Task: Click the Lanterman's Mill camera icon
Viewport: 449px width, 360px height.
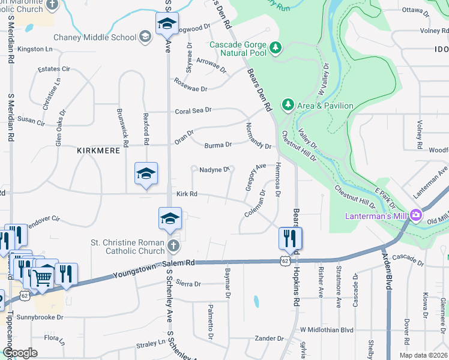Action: click(415, 215)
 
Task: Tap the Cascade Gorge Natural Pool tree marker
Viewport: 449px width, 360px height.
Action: click(276, 47)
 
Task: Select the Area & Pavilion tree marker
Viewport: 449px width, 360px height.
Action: click(288, 106)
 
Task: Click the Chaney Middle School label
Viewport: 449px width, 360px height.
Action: click(95, 37)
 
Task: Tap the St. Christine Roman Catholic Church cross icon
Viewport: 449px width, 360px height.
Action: click(173, 246)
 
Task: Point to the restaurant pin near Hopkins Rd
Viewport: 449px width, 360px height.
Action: click(290, 238)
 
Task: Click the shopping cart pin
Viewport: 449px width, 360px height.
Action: click(42, 277)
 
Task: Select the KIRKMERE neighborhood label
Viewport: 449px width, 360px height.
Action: click(98, 150)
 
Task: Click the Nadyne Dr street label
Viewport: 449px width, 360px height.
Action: click(215, 170)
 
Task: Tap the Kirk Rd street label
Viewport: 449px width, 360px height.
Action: click(187, 194)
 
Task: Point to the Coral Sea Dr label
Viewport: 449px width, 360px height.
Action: click(193, 110)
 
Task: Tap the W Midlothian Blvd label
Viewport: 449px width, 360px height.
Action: click(327, 329)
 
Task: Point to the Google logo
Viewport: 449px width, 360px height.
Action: click(20, 353)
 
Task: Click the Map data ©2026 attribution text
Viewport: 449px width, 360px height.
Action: click(423, 355)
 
